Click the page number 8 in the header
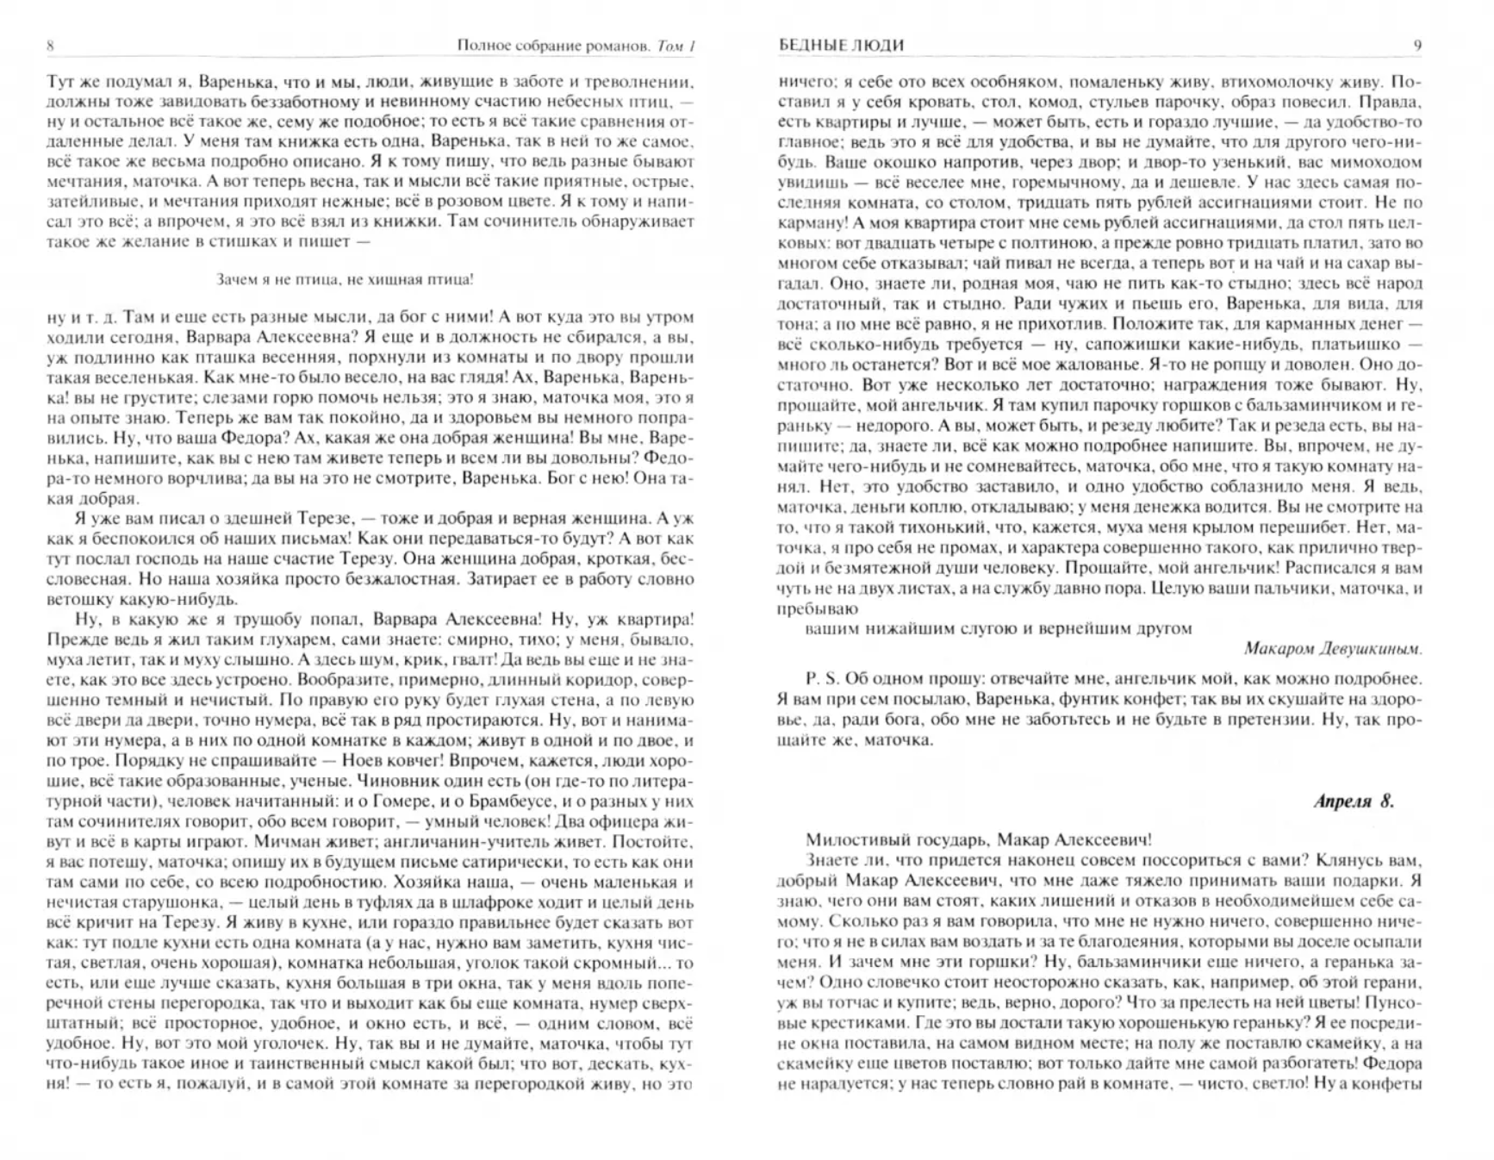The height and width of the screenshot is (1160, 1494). (50, 46)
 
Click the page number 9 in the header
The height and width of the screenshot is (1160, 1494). (1417, 46)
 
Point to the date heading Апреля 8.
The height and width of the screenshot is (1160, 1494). (1354, 801)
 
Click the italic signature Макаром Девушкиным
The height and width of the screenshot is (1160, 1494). (1333, 648)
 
